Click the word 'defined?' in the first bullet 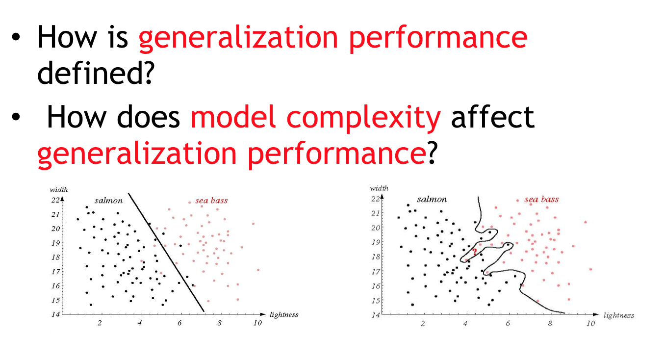[96, 73]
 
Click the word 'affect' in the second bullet [492, 116]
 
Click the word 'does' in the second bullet [148, 116]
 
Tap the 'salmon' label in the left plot [109, 201]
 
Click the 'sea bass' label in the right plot [541, 199]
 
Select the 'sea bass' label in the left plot [211, 201]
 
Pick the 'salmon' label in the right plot [432, 199]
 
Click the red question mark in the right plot [475, 252]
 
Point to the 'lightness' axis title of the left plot [283, 314]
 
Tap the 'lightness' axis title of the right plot [619, 315]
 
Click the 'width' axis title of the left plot [59, 190]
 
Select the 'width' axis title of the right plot [379, 188]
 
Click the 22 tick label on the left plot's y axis [55, 200]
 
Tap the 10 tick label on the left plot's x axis [257, 323]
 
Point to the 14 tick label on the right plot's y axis [376, 315]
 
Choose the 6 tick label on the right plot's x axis [508, 323]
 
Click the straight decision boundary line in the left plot [166, 252]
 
